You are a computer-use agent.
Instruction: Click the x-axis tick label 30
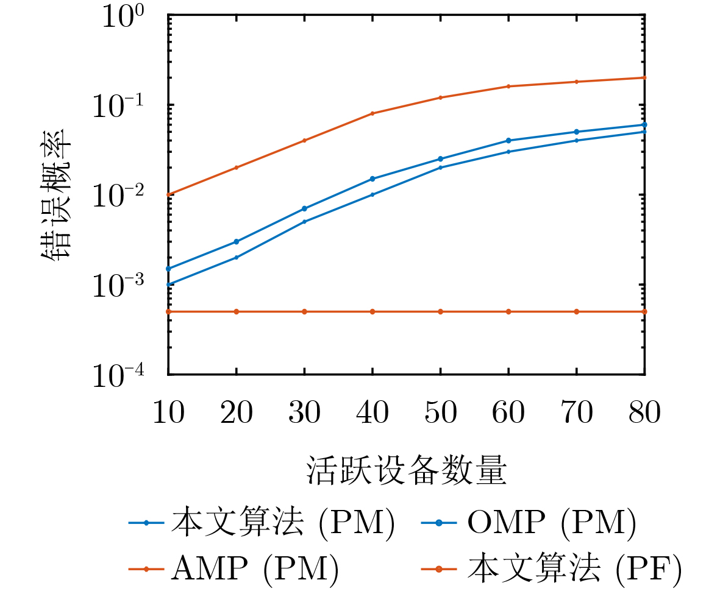pos(304,414)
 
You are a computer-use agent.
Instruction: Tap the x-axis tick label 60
pos(508,414)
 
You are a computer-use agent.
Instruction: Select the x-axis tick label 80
pos(644,414)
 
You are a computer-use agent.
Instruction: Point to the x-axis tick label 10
pos(168,414)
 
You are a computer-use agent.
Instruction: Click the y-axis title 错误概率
pos(57,195)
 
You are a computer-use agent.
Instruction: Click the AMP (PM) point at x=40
pos(372,113)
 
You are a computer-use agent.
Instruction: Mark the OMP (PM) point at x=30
pos(304,208)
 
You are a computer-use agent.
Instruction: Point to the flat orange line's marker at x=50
pos(440,311)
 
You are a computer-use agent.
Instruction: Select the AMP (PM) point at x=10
pos(168,195)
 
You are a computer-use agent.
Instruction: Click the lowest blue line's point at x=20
pos(236,257)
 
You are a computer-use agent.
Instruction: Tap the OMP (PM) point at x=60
pos(508,140)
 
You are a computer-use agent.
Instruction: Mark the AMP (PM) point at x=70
pos(577,82)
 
